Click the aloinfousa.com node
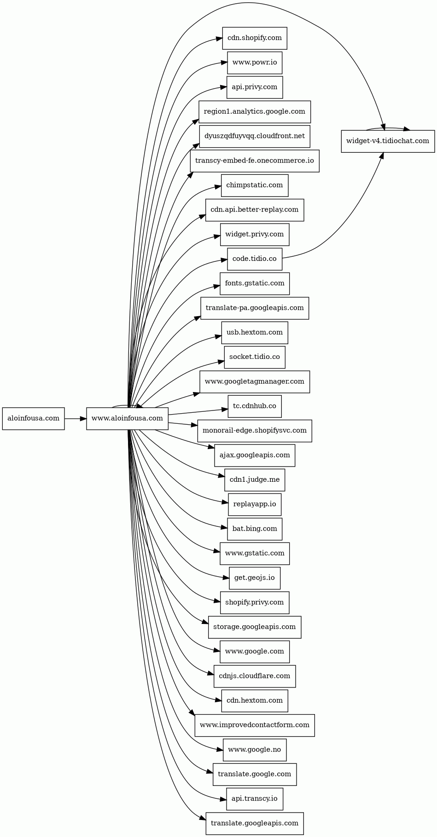[33, 419]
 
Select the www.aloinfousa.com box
[127, 419]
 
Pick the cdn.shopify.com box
[255, 38]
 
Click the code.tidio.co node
[255, 259]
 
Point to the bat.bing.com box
[255, 529]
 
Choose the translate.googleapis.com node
[255, 823]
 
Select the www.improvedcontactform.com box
[255, 725]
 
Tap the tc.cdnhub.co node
[255, 406]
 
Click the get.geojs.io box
[255, 578]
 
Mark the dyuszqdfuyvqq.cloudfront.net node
[255, 136]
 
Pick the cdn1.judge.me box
[255, 480]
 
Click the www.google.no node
[255, 750]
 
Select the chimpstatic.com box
[255, 185]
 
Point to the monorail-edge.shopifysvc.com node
[255, 431]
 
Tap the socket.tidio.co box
[255, 357]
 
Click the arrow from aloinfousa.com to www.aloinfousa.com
[75, 419]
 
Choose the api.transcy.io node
[255, 799]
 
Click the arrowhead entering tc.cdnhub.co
[225, 409]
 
